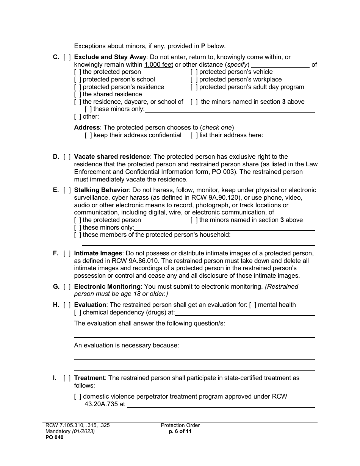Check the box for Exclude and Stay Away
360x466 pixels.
[x=67, y=57]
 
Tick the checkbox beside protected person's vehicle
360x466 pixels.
[x=194, y=72]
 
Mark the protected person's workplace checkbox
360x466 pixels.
[x=194, y=80]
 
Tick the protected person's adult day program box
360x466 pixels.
[x=194, y=87]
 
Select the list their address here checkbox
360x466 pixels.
[x=194, y=135]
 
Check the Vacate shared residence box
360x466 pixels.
[x=67, y=157]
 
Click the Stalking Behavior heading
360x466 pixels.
[x=101, y=190]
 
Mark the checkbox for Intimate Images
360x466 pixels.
[x=67, y=253]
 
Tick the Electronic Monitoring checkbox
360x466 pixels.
[x=67, y=286]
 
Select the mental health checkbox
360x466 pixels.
[x=252, y=305]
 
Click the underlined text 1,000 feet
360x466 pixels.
[x=159, y=65]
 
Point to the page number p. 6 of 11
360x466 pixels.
[x=180, y=431]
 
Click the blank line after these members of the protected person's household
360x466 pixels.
[x=272, y=236]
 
